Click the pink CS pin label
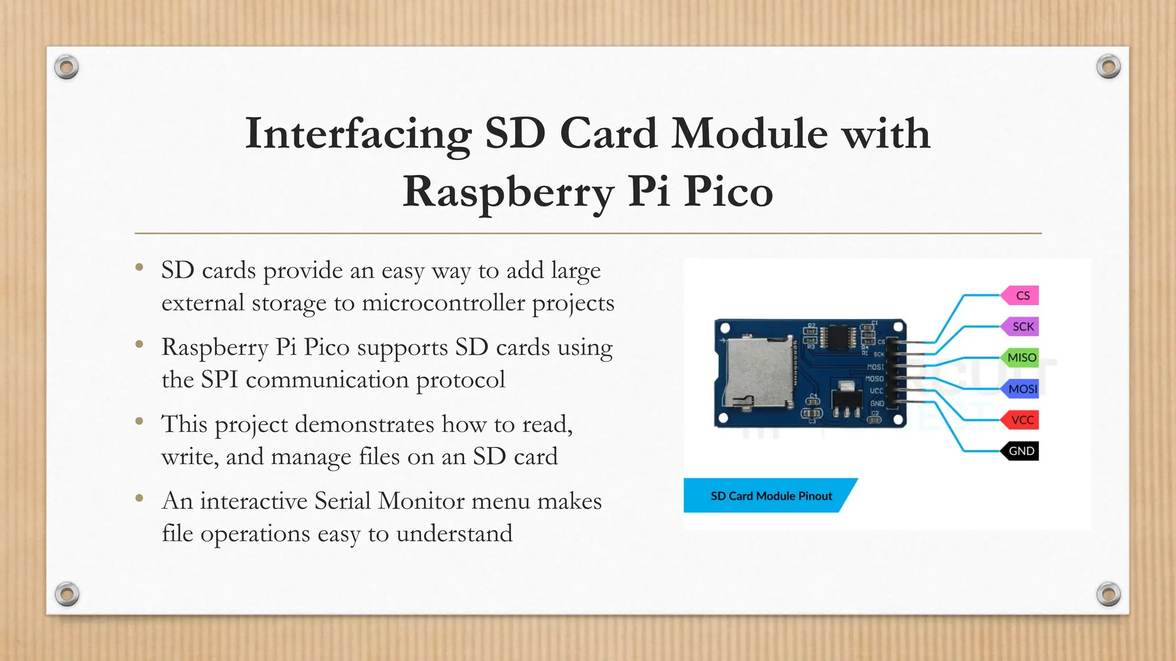[1021, 295]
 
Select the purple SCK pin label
[1021, 326]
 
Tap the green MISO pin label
[1021, 357]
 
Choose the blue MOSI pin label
[1021, 389]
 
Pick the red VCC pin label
[1021, 420]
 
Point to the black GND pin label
[1021, 451]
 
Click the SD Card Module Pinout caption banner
[771, 496]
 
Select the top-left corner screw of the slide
[66, 68]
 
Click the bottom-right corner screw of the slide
[1108, 594]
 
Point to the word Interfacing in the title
[358, 134]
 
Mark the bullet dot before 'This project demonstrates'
[139, 422]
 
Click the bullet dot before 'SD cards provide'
[139, 267]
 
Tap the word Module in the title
[749, 134]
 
